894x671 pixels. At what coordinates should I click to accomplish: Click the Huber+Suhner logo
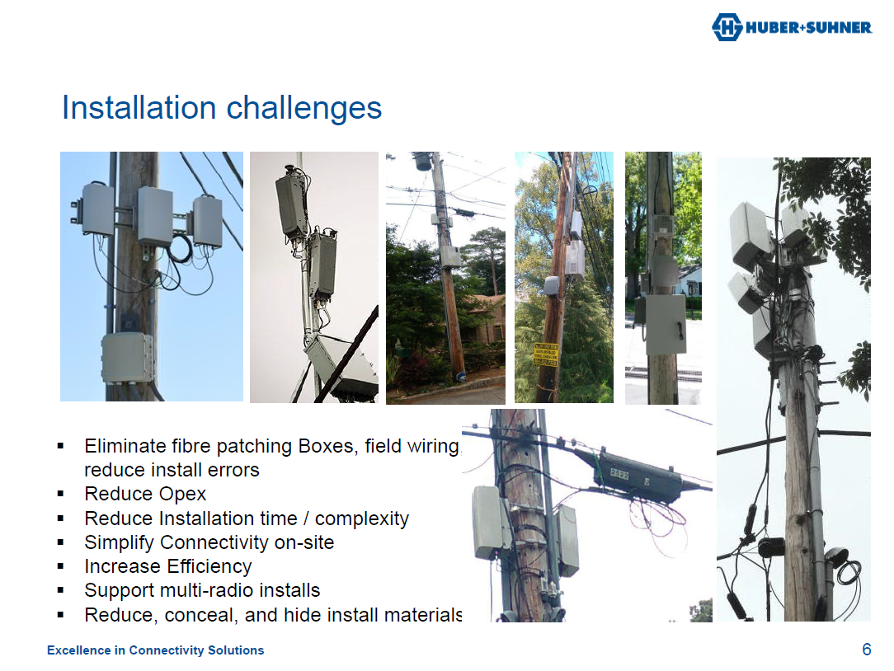click(791, 27)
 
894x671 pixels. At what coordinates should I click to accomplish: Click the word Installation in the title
click(139, 108)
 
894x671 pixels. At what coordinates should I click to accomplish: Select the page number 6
click(866, 650)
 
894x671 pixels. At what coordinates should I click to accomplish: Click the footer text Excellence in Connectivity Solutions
click(155, 650)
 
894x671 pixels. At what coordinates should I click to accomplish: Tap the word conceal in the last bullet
click(201, 615)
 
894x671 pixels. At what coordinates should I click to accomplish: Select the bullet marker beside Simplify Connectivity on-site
click(61, 542)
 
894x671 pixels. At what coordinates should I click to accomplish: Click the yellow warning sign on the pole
click(546, 354)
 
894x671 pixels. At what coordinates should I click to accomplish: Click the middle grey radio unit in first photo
click(154, 216)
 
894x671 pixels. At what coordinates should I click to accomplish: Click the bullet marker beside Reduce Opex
click(61, 495)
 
